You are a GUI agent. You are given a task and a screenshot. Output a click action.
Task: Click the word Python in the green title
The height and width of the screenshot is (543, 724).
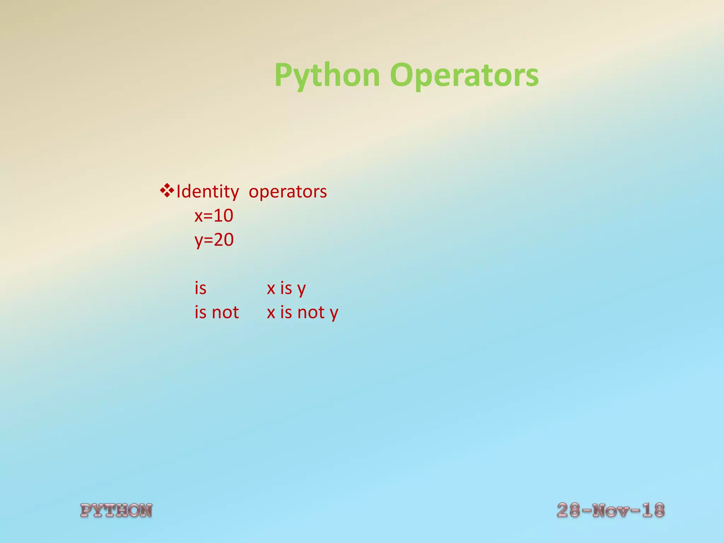point(327,75)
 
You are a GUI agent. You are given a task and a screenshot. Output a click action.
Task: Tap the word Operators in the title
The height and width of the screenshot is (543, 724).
point(464,75)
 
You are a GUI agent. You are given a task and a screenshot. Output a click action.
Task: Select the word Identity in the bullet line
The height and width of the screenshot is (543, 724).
point(208,192)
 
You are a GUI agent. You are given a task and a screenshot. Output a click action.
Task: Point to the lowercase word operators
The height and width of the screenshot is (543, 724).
point(288,192)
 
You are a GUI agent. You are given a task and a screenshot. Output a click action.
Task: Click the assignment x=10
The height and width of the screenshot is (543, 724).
point(214,216)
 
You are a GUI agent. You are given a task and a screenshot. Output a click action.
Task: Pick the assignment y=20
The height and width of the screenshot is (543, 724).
point(214,240)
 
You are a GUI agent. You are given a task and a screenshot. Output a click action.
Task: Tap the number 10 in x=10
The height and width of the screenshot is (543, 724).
point(223,216)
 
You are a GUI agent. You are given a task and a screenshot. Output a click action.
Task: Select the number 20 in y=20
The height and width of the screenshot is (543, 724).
point(224,240)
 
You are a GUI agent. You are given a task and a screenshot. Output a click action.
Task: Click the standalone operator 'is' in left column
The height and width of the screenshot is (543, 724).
point(200,288)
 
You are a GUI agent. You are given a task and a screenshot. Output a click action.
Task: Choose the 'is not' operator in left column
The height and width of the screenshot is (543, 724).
point(217,312)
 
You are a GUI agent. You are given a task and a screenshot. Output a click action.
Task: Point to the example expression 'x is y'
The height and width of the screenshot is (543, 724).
point(286,288)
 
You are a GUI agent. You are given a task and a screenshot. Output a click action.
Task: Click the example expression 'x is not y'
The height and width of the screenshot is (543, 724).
point(303,313)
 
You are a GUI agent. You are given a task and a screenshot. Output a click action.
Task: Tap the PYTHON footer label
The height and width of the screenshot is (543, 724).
point(116,510)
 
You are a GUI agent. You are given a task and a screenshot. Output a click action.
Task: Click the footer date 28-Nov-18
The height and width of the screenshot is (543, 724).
point(611,510)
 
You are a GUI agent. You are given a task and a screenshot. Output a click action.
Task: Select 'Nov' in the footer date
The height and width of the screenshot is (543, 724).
point(611,510)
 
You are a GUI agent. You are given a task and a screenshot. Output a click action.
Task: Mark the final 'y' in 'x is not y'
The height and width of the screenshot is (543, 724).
point(334,313)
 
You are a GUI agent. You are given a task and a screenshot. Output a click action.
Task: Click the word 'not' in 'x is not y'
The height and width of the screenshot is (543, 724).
point(311,312)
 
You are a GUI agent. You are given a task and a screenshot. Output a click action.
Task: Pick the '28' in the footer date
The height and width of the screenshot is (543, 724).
point(568,510)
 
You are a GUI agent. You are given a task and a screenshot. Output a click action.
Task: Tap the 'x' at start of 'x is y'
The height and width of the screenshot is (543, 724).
point(271,288)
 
